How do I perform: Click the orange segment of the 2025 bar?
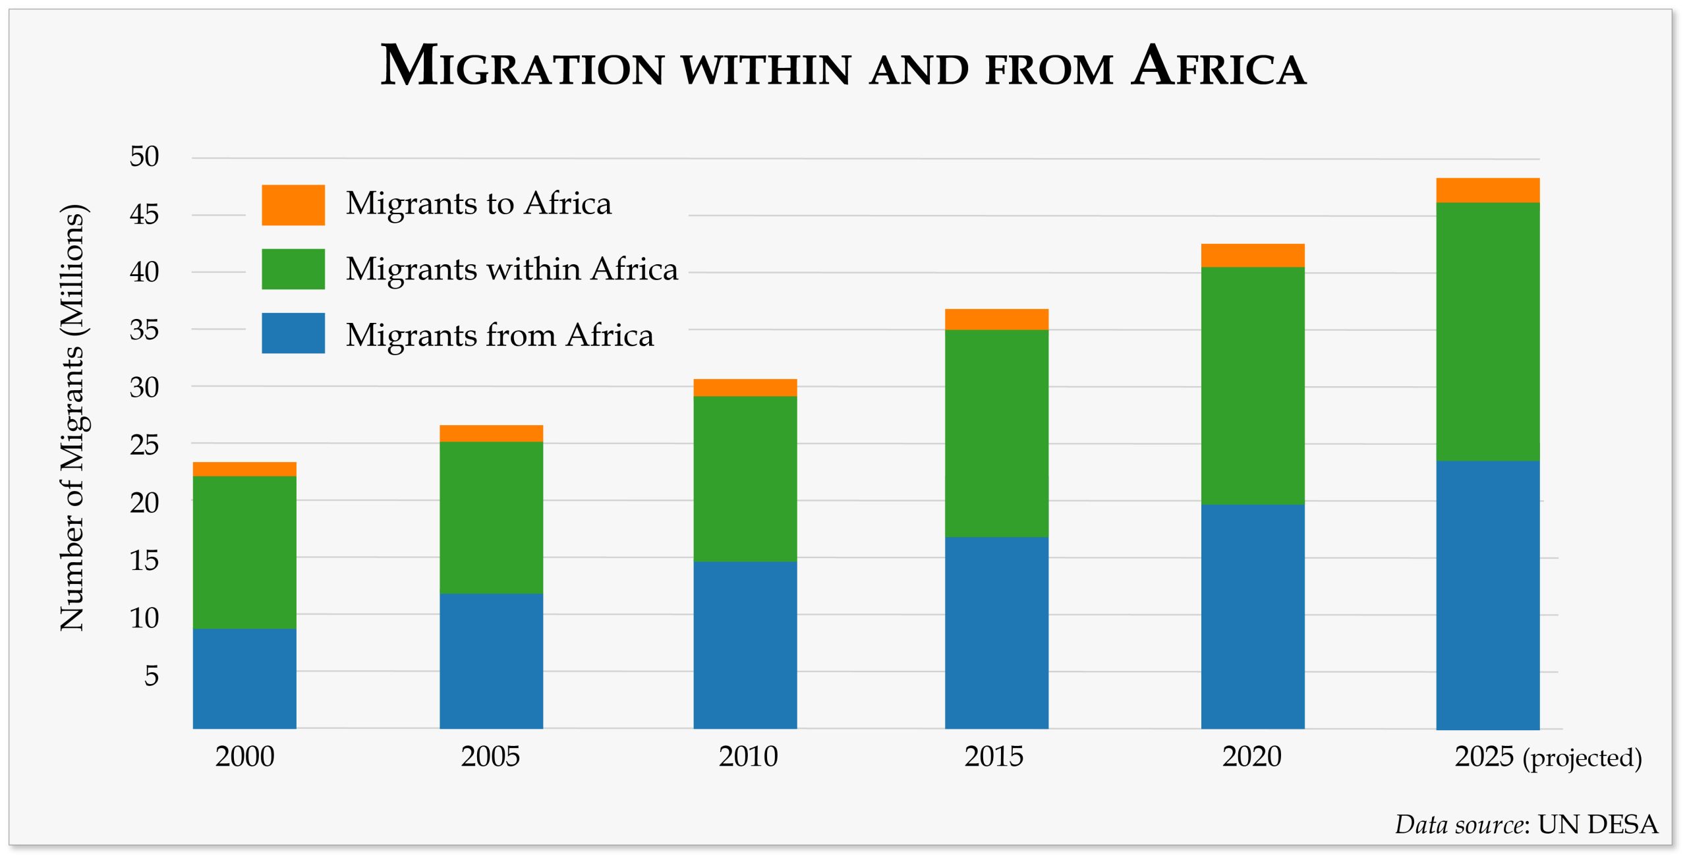point(1487,190)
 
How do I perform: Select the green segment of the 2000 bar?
point(244,552)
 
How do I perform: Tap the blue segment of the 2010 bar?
point(745,645)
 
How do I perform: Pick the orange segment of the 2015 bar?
point(996,320)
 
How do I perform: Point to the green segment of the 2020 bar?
point(1252,386)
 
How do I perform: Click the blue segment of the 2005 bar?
point(491,660)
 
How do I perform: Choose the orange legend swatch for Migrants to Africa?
point(293,205)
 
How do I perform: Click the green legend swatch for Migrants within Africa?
point(293,269)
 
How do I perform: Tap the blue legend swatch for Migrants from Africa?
point(293,333)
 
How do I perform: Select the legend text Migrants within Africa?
point(511,269)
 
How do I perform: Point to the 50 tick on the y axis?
point(144,157)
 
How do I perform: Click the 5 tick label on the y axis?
point(152,676)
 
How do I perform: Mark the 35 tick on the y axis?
point(144,330)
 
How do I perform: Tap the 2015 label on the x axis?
point(994,757)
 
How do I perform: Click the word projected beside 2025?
point(1582,758)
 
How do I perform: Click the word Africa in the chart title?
point(1219,66)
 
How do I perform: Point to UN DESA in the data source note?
point(1597,824)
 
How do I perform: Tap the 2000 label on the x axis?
point(244,757)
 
